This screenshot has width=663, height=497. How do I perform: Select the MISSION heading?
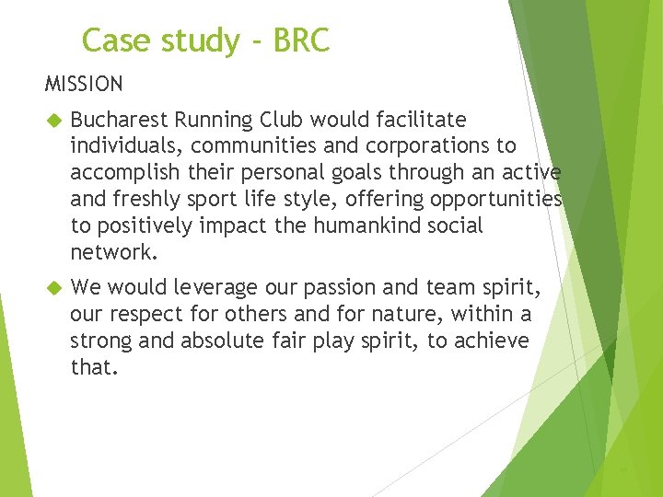[84, 85]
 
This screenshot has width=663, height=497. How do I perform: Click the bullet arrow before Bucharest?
[52, 120]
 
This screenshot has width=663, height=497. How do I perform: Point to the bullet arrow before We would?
[52, 287]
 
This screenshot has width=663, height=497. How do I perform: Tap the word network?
[110, 252]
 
